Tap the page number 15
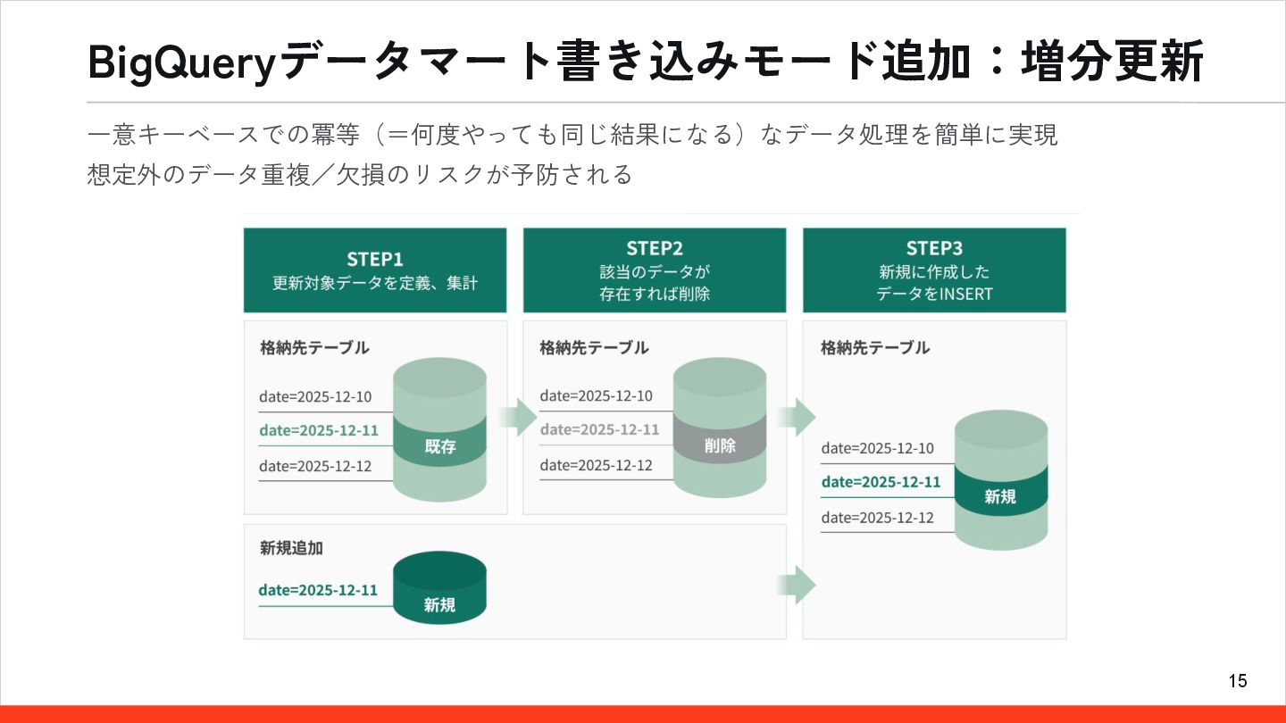(1238, 681)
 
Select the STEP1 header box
(375, 270)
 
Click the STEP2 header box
(655, 270)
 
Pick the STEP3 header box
(934, 270)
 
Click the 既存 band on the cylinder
(439, 446)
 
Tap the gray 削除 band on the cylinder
(720, 445)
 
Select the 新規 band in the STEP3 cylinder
(1000, 496)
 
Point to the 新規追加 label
(291, 547)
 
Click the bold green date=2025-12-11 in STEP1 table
(319, 430)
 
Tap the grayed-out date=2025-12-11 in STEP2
(599, 429)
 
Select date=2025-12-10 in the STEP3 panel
(877, 448)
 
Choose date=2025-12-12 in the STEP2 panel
(596, 465)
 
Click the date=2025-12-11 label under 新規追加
(318, 590)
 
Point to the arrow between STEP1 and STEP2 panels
(516, 417)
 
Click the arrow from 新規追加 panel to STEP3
(796, 585)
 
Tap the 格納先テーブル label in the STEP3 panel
(875, 347)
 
